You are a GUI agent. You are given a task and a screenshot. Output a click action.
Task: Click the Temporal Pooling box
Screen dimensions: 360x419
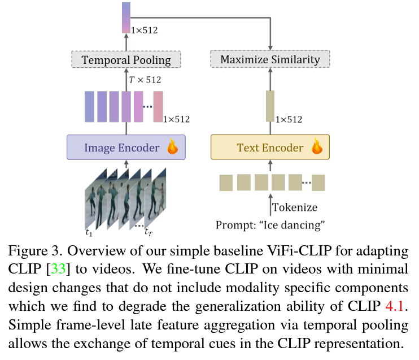(x=125, y=59)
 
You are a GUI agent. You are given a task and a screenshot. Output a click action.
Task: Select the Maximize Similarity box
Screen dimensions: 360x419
(x=269, y=59)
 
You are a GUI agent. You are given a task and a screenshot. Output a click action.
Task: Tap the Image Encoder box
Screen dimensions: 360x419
(x=125, y=148)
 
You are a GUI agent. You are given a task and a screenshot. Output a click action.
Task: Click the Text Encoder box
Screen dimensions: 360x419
(x=269, y=148)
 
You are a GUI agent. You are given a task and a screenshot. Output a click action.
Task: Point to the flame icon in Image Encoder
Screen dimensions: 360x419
(x=172, y=147)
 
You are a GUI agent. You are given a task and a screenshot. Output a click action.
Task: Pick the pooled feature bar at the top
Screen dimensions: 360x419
(x=125, y=17)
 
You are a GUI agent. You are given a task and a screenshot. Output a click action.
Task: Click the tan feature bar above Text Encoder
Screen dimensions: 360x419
(x=269, y=106)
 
